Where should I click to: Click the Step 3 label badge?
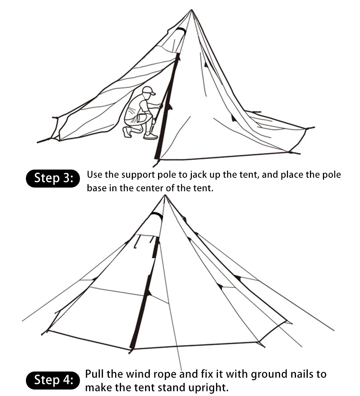(53, 178)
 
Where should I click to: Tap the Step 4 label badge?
(53, 380)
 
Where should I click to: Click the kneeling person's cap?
(149, 90)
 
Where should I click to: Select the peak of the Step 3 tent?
(192, 10)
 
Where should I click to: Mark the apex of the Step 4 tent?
(165, 195)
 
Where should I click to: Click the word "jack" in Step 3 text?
(197, 175)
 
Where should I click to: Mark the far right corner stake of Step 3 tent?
(310, 128)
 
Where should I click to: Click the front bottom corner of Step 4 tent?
(132, 350)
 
